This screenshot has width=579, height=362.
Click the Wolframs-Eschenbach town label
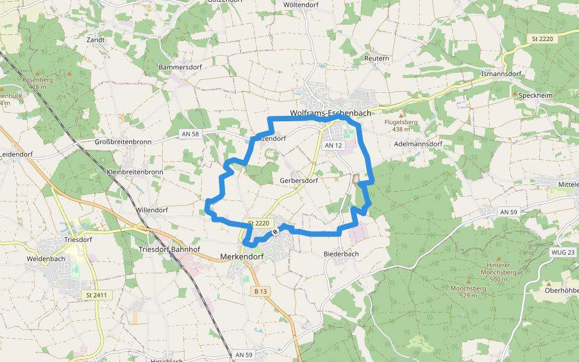(330, 113)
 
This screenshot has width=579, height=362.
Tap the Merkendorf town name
(242, 256)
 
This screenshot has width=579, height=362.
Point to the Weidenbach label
(46, 258)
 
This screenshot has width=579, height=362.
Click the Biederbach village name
(341, 253)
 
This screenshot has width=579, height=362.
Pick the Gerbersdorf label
(299, 180)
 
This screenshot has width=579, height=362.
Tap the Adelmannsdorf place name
(418, 145)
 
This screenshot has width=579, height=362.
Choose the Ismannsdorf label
(501, 74)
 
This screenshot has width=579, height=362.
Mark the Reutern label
(377, 58)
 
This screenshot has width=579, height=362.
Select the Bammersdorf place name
(180, 66)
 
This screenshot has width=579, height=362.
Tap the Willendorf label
(151, 210)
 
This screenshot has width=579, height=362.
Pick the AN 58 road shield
(189, 133)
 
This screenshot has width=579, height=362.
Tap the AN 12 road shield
(333, 145)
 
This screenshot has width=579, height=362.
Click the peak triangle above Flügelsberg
(401, 115)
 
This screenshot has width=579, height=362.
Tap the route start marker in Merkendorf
(275, 231)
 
